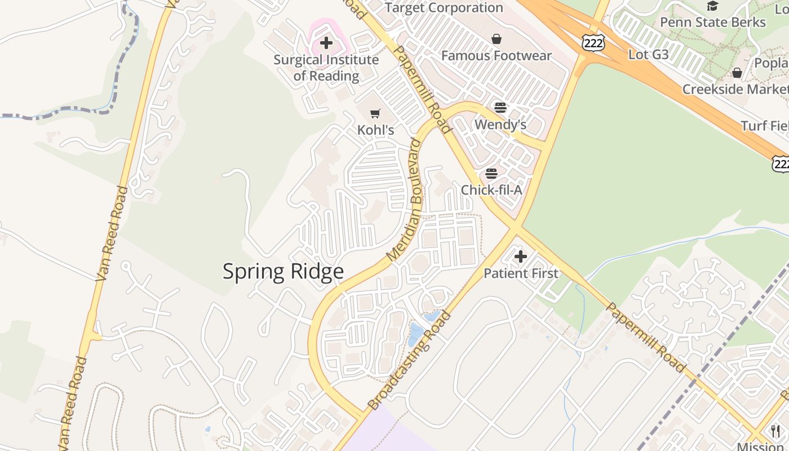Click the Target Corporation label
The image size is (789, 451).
point(444,8)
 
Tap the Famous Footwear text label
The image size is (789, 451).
point(496,56)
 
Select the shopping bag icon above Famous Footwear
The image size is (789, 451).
point(497,39)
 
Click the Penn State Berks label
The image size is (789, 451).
point(712,23)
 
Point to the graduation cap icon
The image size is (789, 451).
point(713,6)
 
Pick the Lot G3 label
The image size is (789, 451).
point(648,55)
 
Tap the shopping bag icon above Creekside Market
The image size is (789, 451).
point(737,73)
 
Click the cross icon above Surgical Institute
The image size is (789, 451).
point(326,43)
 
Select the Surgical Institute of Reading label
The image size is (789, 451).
point(326,68)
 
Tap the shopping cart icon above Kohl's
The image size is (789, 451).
point(375,113)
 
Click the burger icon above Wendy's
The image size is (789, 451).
point(500,108)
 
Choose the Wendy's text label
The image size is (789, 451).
point(500,124)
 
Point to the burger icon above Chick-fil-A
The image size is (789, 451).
point(491,173)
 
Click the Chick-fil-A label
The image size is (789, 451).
point(491,190)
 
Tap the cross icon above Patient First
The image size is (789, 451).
point(521,257)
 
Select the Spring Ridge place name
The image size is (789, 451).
point(283,271)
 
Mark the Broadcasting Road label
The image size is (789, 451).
point(410,361)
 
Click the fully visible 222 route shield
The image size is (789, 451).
point(593,43)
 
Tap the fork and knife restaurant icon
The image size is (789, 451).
point(775,431)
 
